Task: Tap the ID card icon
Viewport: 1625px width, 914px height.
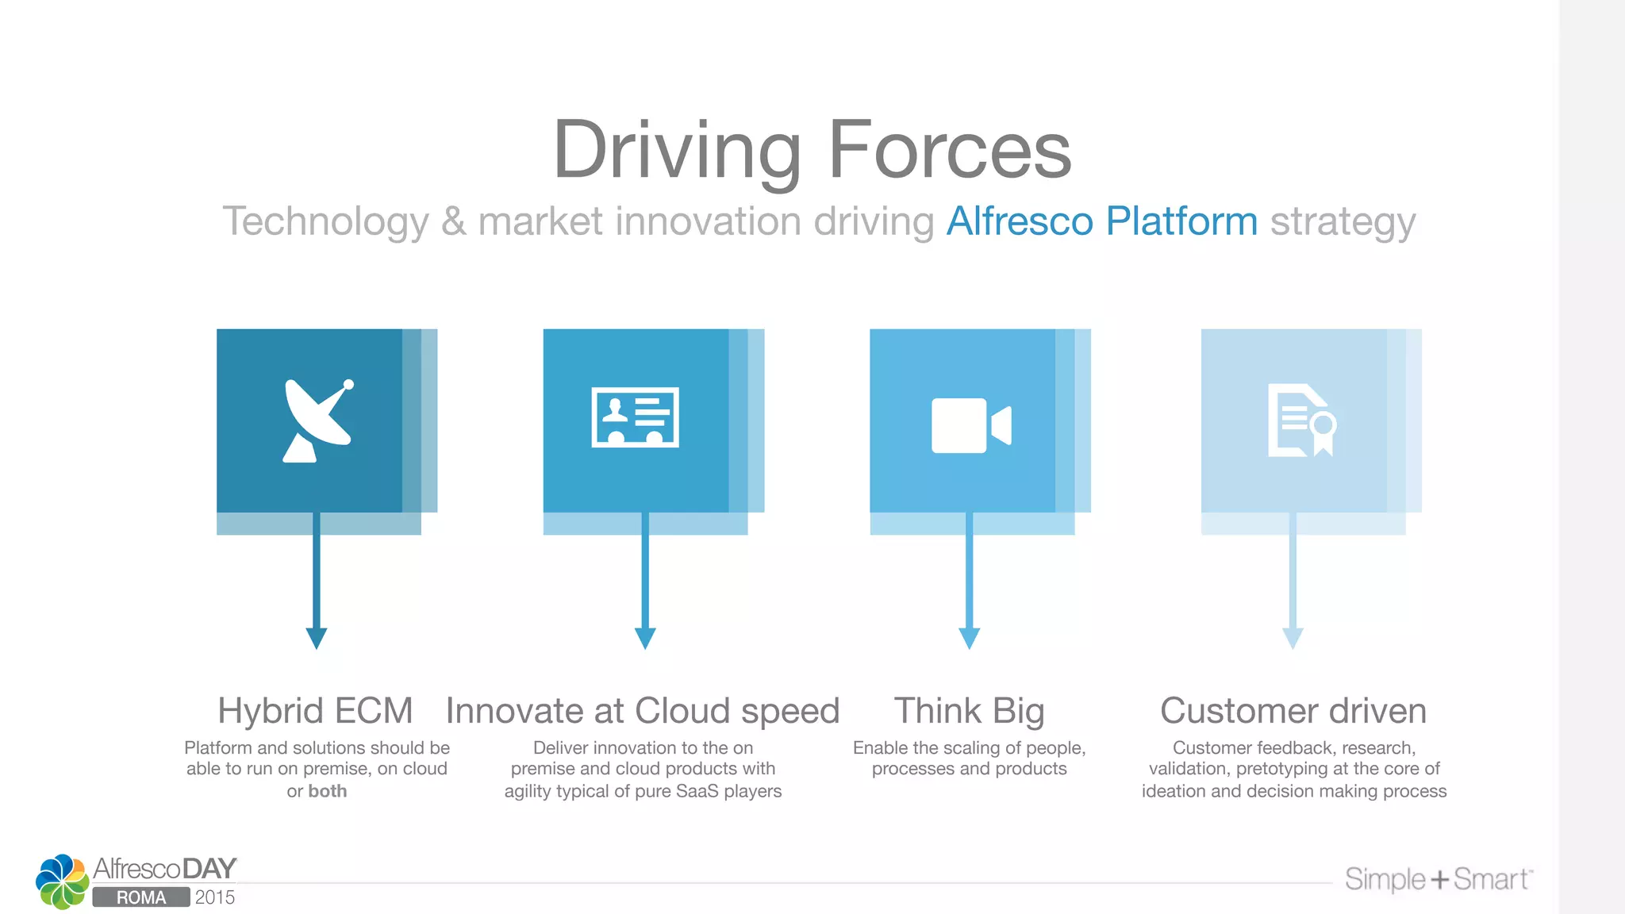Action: point(635,417)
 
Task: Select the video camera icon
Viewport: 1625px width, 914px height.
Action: point(970,425)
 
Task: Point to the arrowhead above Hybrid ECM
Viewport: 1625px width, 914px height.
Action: point(317,638)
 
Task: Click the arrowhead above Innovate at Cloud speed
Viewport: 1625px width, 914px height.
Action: point(645,638)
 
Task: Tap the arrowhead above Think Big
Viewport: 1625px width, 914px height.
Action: point(969,638)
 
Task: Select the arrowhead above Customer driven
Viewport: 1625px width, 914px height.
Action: point(1293,638)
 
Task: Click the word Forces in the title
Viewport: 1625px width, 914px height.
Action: point(949,150)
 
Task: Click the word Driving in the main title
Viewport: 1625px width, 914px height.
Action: point(677,150)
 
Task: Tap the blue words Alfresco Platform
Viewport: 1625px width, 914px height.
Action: point(1102,221)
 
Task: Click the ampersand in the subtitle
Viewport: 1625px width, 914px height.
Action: point(453,221)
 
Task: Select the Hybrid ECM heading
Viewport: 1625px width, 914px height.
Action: point(315,710)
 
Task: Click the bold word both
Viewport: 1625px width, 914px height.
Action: point(328,791)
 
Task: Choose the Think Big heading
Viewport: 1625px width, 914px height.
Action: point(969,710)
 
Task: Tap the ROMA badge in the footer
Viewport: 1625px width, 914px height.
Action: point(141,897)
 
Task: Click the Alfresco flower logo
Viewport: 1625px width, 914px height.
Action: point(62,881)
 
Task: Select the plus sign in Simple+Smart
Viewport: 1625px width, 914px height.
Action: point(1439,880)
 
